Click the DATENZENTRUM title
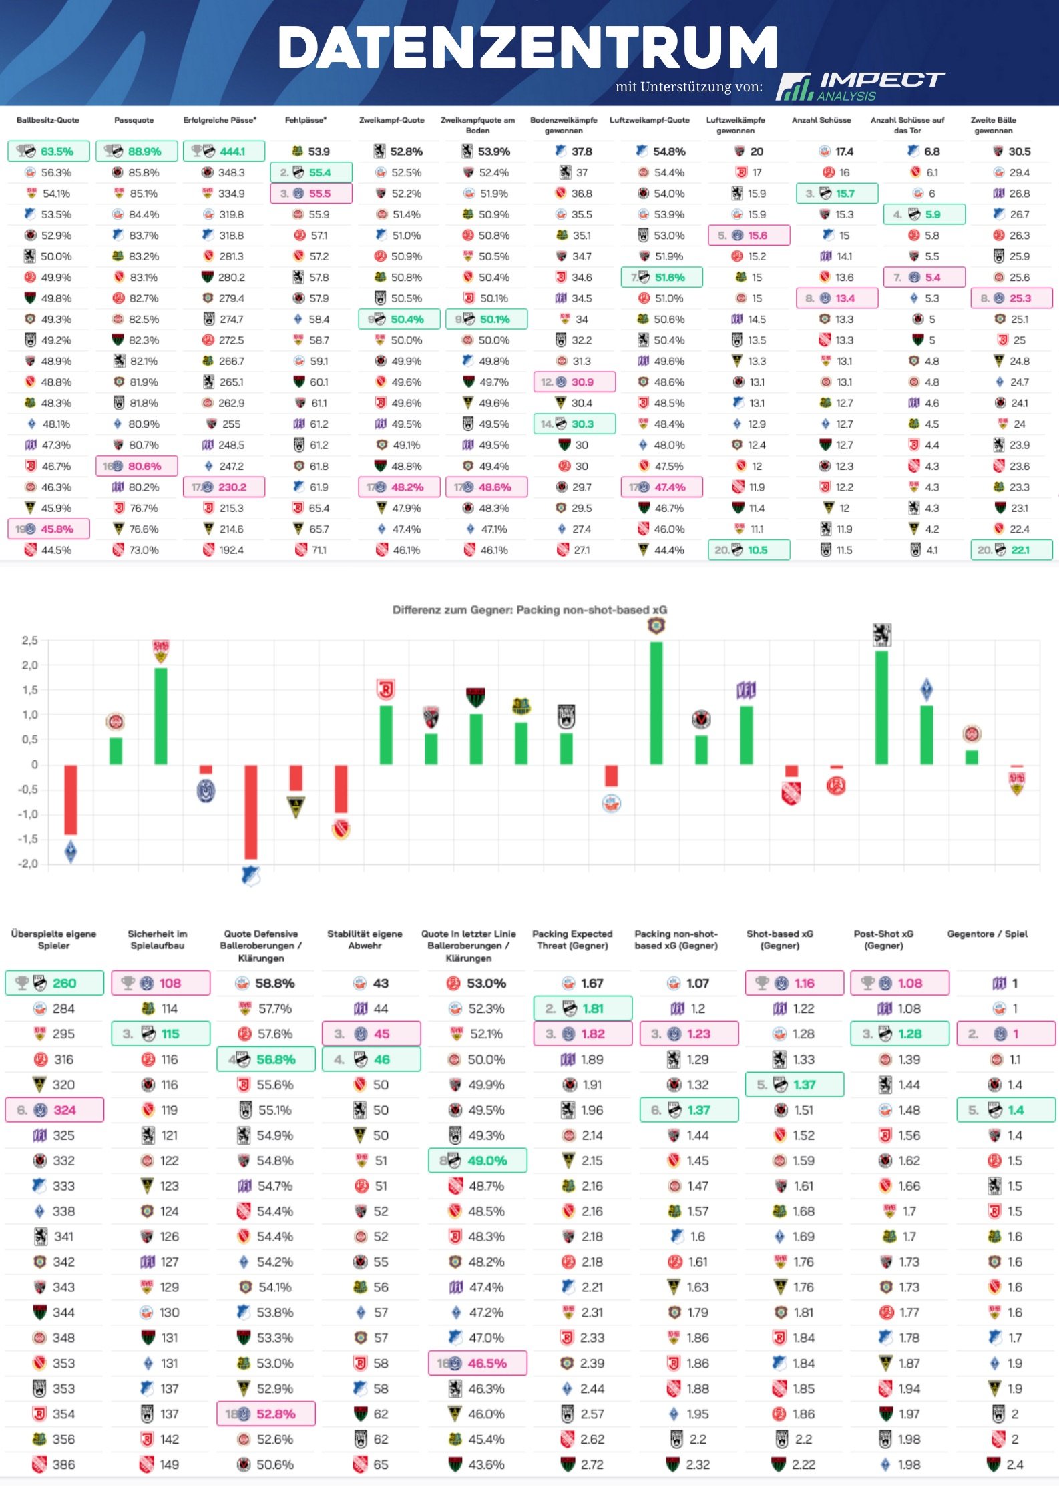coord(527,48)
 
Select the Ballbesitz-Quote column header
coord(48,121)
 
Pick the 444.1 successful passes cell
coord(224,152)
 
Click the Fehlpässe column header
coord(306,121)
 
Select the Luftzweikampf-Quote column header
coord(649,121)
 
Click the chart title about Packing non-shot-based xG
coord(529,610)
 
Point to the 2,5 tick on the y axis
coord(30,641)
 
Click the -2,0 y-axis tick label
coord(29,864)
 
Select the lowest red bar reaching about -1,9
coord(251,812)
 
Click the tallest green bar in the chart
coord(656,703)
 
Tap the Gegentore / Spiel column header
coord(987,934)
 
